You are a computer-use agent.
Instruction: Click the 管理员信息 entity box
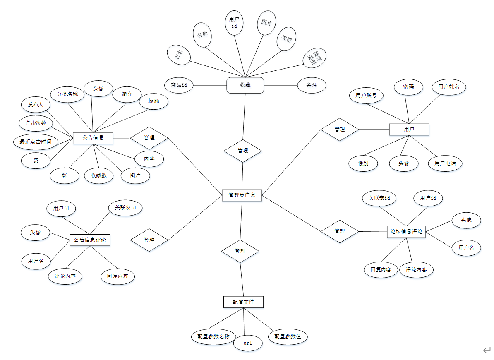click(242, 195)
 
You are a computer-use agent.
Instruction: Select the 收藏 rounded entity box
click(245, 85)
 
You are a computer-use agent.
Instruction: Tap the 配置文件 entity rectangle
click(243, 302)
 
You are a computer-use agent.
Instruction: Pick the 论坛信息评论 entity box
click(406, 232)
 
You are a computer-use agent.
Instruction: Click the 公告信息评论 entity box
click(90, 240)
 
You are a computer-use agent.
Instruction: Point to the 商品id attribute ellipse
click(179, 85)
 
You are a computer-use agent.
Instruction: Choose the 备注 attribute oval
click(312, 85)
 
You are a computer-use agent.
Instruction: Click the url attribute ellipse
click(248, 343)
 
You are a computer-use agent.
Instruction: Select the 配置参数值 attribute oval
click(288, 337)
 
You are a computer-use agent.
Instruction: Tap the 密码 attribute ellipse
click(408, 87)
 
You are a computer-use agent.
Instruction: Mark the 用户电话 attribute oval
click(445, 163)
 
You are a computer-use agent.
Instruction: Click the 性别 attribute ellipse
click(363, 163)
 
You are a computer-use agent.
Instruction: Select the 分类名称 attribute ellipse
click(67, 94)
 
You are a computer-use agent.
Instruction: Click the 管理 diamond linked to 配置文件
click(240, 251)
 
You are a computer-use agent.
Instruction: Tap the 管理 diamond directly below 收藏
click(243, 151)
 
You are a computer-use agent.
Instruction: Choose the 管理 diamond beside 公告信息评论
click(149, 240)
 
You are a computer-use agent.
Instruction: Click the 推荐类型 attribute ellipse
click(314, 58)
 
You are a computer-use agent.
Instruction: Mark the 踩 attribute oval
click(64, 175)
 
